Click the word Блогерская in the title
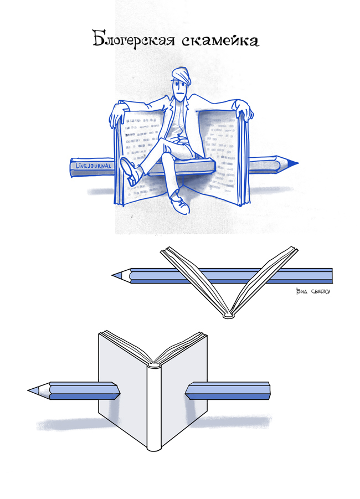(x=133, y=39)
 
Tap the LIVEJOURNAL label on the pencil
(x=93, y=166)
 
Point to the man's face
(x=180, y=91)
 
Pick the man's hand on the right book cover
(x=244, y=109)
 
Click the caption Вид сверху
(x=313, y=291)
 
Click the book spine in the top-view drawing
(x=229, y=315)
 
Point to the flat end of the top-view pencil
(x=331, y=276)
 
